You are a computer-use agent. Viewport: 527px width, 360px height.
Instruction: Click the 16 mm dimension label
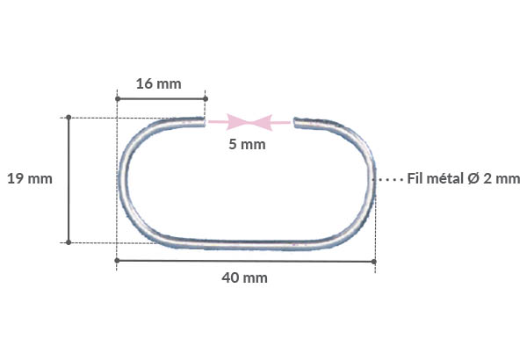pos(159,84)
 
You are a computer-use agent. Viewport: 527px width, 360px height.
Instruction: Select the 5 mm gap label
pos(246,144)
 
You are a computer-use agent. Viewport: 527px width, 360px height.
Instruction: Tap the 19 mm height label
pos(29,179)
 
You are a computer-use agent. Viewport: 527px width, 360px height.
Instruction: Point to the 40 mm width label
pos(244,277)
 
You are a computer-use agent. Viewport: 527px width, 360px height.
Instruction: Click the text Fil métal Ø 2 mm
pos(465,178)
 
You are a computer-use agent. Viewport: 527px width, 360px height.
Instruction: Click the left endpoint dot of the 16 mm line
pos(117,98)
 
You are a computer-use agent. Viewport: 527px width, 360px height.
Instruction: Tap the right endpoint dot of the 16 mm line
pos(204,98)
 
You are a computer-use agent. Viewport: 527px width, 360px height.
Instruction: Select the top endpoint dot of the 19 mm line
pos(69,117)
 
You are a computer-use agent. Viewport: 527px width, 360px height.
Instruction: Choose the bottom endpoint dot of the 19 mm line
pos(69,241)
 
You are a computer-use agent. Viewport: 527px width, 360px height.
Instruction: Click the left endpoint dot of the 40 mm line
pos(117,261)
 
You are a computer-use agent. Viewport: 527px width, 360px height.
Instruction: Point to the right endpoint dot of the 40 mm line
pos(374,261)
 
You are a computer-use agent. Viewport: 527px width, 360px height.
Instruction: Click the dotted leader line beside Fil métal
pos(390,179)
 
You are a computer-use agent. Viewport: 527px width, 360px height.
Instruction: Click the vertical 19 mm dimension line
pos(69,179)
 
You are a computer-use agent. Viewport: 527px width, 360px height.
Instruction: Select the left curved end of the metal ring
pos(123,180)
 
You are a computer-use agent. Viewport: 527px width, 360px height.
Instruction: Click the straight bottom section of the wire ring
pos(246,241)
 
